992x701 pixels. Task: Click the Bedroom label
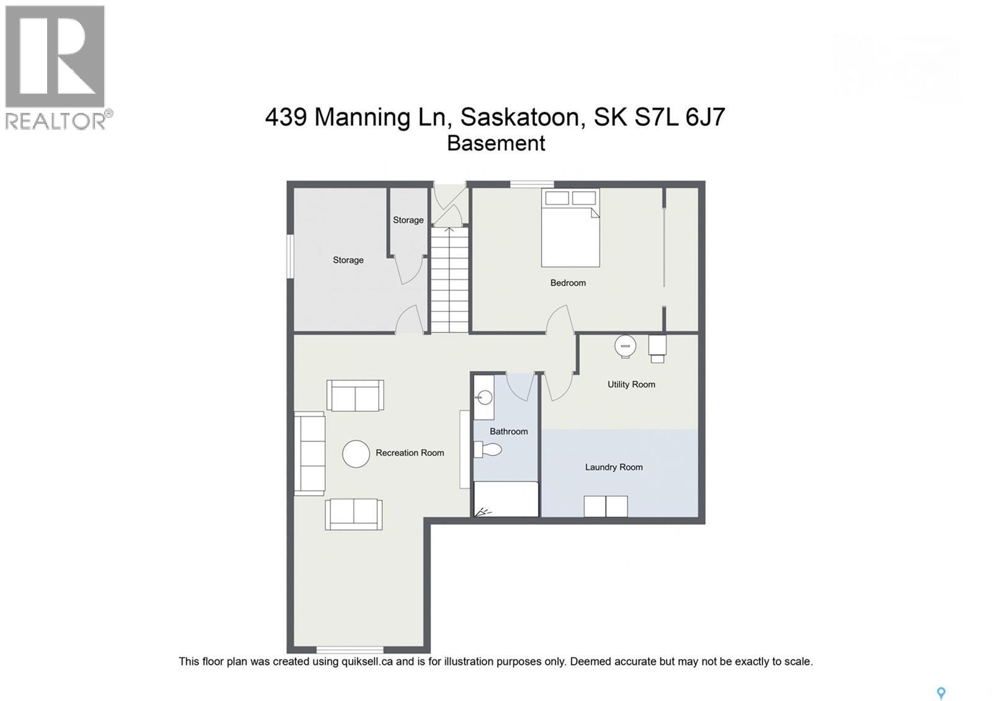pos(567,283)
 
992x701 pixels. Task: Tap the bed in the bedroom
pos(570,228)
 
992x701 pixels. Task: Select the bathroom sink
pos(484,397)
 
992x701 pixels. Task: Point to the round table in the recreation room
pos(356,453)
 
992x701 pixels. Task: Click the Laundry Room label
pos(613,467)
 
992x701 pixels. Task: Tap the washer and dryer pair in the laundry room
pos(605,506)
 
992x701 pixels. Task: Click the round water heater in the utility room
pos(625,346)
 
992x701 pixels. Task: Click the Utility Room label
pos(631,385)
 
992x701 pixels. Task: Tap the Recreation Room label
pos(409,453)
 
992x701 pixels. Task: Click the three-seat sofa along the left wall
pos(309,453)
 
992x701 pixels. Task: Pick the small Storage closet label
pos(408,220)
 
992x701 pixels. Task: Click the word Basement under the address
pos(495,143)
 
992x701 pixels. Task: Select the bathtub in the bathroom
pos(505,499)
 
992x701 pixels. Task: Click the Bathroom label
pos(508,432)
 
